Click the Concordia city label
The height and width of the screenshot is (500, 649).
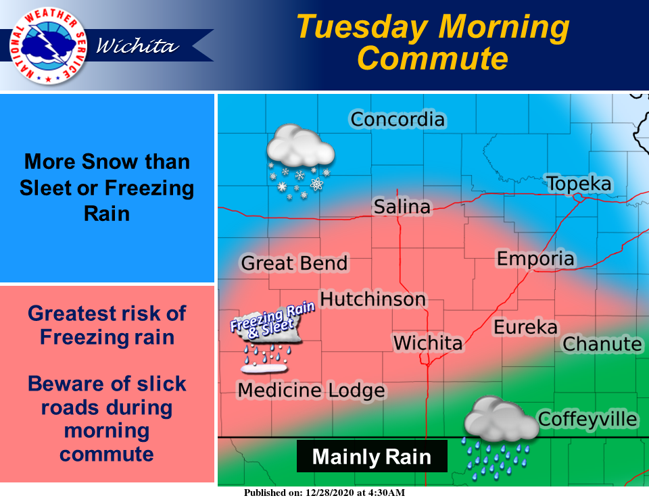pos(398,120)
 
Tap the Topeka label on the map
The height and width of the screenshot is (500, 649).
pos(579,183)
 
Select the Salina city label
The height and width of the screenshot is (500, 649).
pos(402,207)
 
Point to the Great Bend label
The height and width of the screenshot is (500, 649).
pos(294,263)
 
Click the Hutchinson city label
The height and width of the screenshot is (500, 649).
pos(372,299)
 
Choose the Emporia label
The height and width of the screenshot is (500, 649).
pos(535,258)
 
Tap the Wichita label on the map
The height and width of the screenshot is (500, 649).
pos(428,343)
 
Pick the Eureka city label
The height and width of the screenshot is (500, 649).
pos(525,327)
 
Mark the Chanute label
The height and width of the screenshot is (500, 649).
pos(602,344)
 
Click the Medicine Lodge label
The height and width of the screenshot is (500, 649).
pos(311,390)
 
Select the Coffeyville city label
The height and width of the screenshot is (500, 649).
pos(587,419)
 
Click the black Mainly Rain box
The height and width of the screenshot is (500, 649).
pos(372,457)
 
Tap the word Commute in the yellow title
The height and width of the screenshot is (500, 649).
pos(432,58)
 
